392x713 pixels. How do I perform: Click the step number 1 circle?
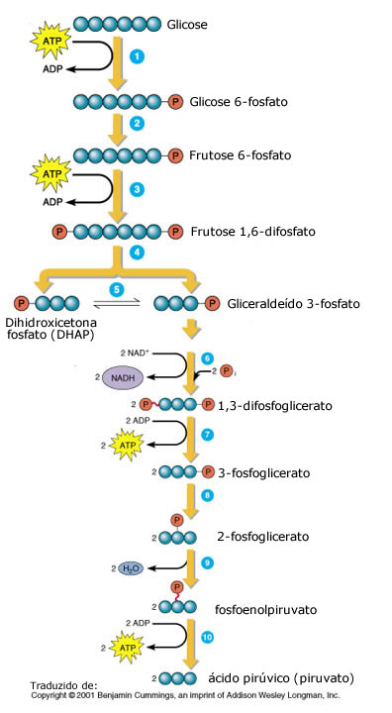point(138,56)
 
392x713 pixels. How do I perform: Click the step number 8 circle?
point(207,493)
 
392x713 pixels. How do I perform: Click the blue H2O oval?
point(130,568)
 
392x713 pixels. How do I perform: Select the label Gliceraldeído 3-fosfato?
point(293,303)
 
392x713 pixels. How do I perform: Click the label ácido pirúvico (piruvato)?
point(280,677)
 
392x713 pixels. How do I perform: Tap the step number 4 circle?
point(139,253)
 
